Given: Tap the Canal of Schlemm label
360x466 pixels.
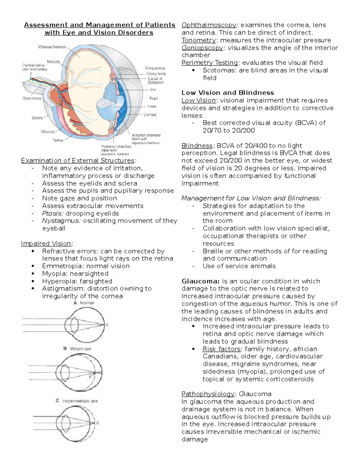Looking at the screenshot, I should point(155,80).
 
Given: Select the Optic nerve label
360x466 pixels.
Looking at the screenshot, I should point(32,98).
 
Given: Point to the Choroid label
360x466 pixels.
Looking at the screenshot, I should point(48,131).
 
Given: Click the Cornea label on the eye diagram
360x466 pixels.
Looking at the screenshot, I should point(150,115).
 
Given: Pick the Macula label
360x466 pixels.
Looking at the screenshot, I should point(53,62).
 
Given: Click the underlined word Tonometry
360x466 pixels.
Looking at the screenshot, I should point(198,40).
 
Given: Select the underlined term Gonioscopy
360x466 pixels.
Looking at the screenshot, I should point(202,48).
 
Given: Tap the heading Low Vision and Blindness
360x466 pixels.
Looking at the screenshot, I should point(228,93).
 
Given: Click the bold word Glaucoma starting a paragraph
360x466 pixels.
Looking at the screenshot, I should point(200,281).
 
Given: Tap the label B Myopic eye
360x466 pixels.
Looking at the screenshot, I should point(77,349).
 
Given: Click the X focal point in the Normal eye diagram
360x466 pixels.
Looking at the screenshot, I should point(107,325).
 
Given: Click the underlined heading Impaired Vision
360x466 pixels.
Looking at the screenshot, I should point(46,243).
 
